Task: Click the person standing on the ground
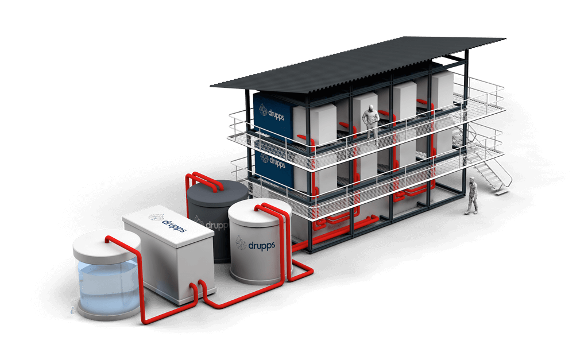[473, 196]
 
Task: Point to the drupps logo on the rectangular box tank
[167, 222]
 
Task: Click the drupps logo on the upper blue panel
[272, 113]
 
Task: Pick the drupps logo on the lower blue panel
[273, 161]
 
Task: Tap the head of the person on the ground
[473, 180]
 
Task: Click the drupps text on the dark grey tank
[216, 225]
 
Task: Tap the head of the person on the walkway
[371, 108]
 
